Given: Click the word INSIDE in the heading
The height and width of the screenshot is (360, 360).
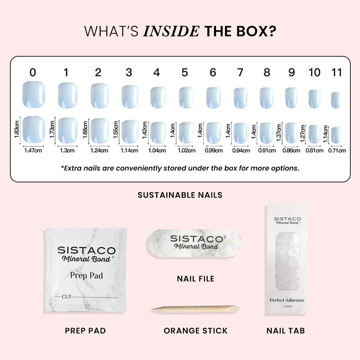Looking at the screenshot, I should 171,31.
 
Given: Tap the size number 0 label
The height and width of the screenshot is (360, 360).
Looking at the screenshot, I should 33,72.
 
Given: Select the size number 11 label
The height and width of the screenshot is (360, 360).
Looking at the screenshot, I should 337,72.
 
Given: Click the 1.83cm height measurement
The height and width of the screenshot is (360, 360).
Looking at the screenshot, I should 17,129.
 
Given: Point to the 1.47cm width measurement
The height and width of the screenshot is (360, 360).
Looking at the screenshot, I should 33,150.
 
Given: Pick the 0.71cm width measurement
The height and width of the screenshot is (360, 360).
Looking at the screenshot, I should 337,150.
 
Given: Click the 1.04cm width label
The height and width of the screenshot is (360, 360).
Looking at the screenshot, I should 157,150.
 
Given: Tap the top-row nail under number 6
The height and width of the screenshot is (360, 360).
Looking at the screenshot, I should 214,97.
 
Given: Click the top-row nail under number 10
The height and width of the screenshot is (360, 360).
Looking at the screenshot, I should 314,99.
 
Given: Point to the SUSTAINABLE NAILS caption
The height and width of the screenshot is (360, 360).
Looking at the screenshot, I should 180,195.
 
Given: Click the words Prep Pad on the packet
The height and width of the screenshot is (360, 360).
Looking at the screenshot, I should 86,276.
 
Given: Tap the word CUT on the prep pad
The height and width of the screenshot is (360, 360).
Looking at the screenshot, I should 67,296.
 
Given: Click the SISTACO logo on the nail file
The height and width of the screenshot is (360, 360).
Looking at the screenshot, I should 196,239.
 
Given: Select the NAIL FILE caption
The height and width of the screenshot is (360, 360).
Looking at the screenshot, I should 196,279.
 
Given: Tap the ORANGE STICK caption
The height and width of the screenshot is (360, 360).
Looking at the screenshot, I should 196,331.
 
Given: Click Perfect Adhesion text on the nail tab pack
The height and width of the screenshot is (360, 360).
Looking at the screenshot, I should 287,300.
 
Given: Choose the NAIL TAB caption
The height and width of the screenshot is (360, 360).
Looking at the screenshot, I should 286,331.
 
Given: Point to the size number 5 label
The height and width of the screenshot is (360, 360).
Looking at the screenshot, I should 185,72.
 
